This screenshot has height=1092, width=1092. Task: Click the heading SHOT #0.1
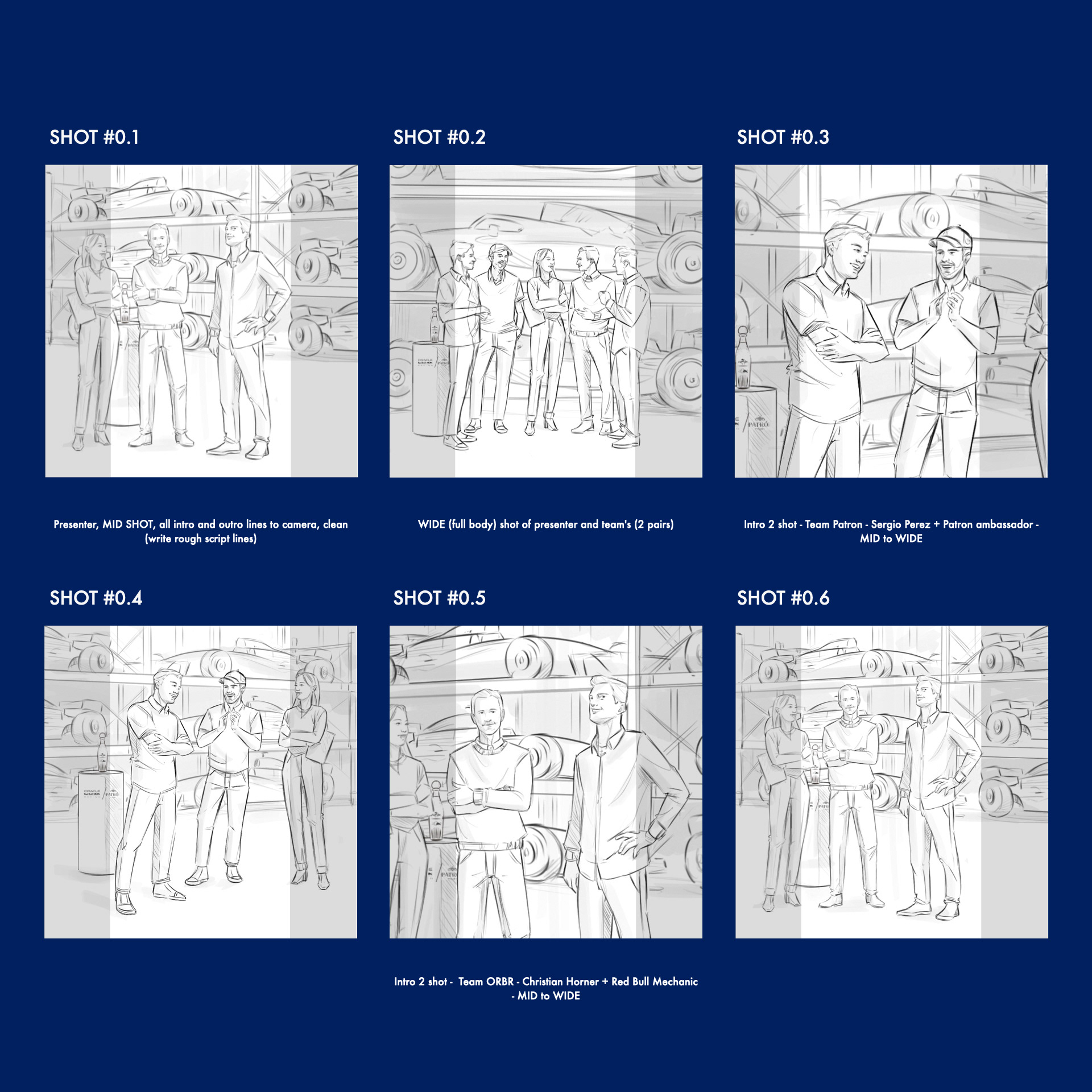click(94, 137)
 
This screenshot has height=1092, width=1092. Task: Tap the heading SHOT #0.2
click(439, 137)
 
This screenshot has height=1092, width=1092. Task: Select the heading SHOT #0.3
click(783, 137)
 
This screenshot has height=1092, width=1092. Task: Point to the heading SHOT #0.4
click(96, 598)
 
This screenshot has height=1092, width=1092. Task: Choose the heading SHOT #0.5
click(439, 598)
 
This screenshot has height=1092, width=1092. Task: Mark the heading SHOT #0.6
click(783, 598)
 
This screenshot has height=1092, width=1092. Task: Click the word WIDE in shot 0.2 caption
click(431, 524)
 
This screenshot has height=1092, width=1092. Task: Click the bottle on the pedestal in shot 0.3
click(743, 358)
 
